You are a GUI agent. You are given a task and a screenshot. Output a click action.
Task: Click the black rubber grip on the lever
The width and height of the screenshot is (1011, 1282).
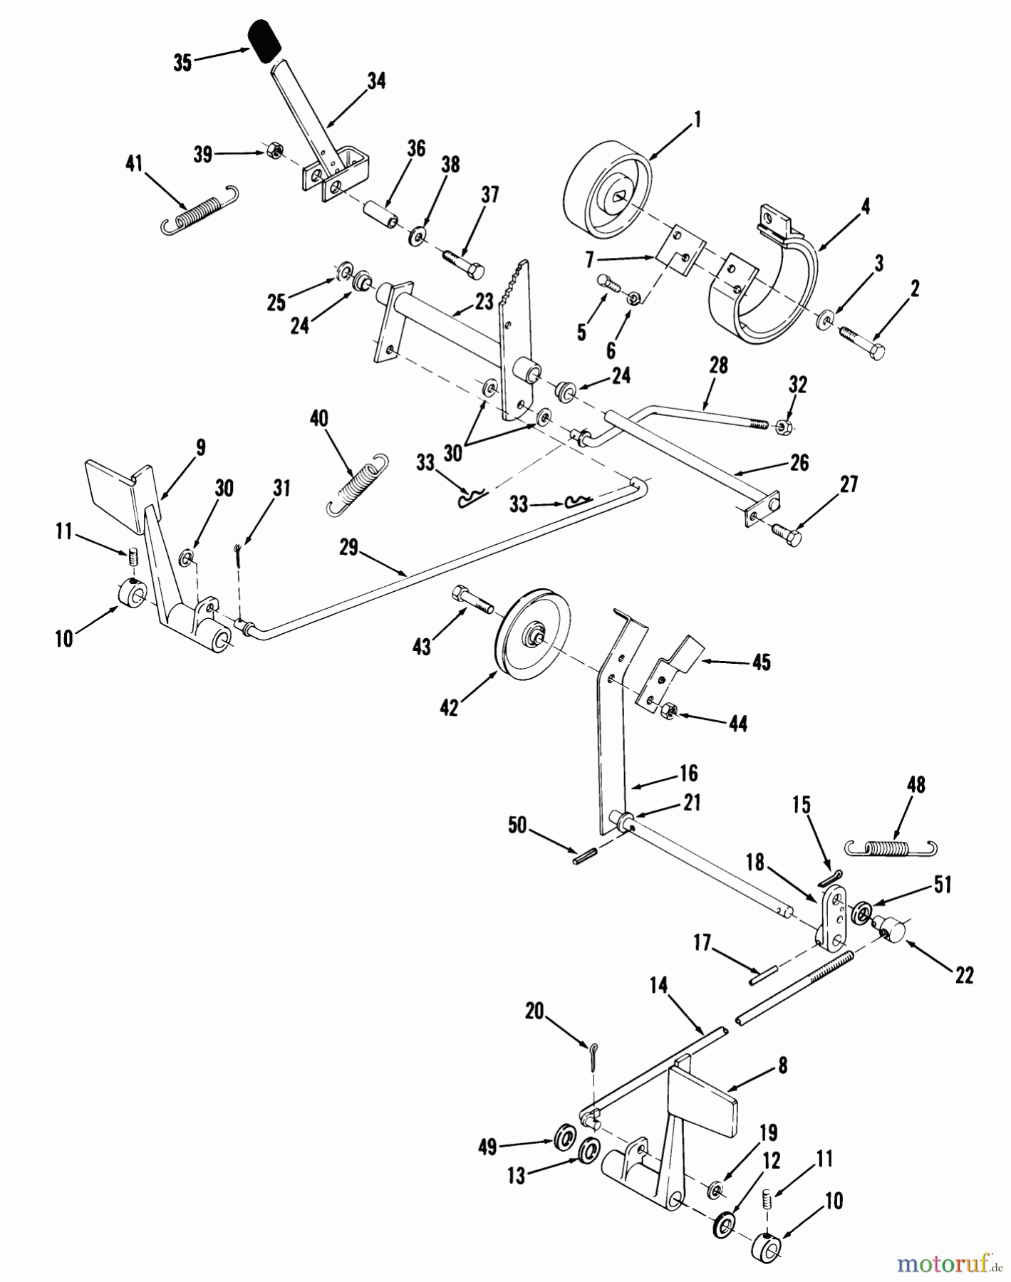pos(263,42)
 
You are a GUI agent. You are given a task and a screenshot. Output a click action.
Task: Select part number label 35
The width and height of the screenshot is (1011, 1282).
pos(182,63)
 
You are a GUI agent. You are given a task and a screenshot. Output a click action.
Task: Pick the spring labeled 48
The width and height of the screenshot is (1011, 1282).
pos(891,846)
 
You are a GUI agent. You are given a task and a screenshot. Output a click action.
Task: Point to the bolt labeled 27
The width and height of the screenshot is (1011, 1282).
pos(786,533)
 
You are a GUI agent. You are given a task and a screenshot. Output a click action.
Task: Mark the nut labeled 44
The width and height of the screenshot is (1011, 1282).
pos(669,710)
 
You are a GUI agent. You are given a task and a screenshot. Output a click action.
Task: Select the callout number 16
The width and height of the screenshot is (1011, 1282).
pos(688,773)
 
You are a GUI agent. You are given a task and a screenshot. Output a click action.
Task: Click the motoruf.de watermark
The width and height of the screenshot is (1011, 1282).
pos(943,1262)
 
